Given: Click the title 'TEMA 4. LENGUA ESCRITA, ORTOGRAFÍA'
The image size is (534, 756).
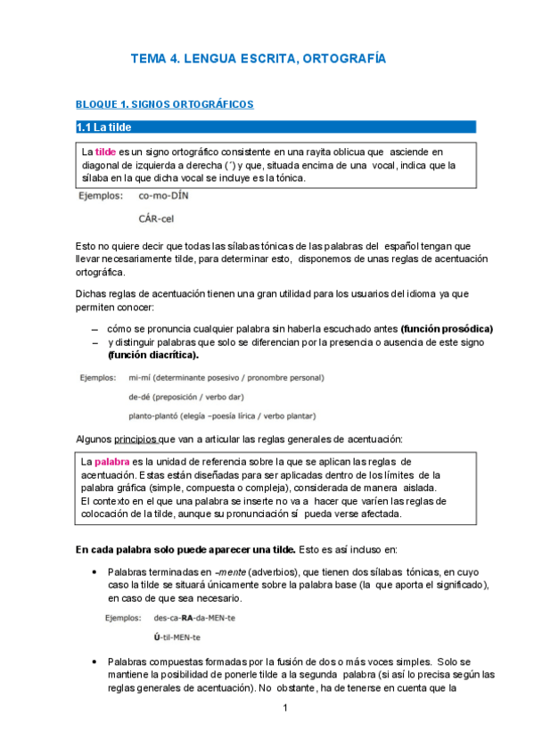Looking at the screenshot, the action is tap(259, 59).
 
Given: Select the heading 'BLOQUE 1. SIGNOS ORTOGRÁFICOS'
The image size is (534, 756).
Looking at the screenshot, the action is tap(165, 104).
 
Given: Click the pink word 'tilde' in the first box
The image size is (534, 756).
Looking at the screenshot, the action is tap(105, 152).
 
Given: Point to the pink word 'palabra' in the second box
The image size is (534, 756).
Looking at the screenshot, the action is tap(112, 463).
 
